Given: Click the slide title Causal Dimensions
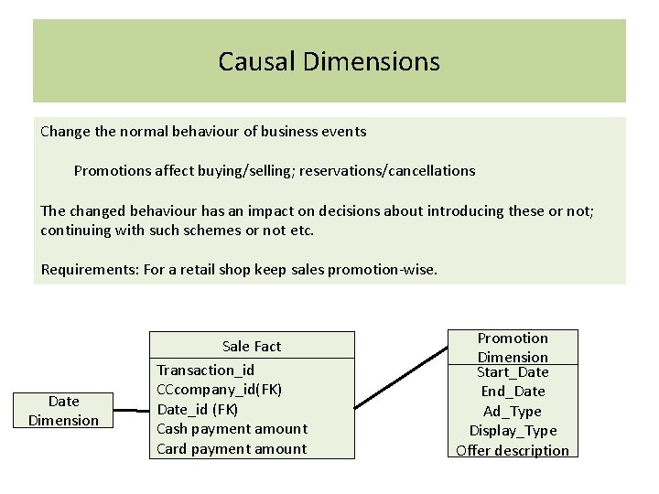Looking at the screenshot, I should click(329, 61).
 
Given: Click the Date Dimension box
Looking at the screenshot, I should click(63, 411).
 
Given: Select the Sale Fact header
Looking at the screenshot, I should click(252, 346).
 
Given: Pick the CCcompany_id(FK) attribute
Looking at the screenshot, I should click(220, 390).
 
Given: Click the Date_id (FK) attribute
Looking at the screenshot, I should click(198, 409).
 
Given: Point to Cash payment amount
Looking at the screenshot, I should click(232, 428).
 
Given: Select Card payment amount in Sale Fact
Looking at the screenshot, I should click(232, 448).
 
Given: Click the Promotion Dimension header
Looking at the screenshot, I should click(513, 347).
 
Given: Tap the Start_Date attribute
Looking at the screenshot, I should click(513, 371).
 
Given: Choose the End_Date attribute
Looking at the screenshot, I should click(513, 391).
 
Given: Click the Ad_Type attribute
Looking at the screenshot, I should click(513, 411).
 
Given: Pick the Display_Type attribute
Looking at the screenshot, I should click(513, 430).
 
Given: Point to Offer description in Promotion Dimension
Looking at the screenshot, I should click(513, 450).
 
